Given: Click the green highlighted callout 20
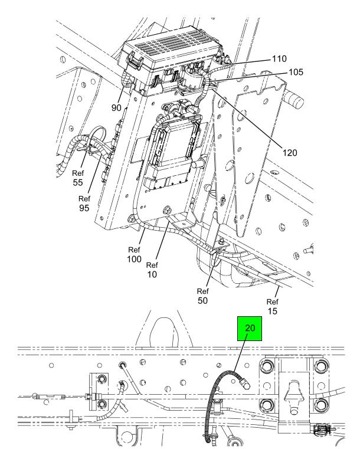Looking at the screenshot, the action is [x=250, y=329].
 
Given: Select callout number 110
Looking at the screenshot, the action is [x=279, y=58].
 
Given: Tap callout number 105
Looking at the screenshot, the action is [x=296, y=72].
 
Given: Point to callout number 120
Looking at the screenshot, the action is [x=290, y=153].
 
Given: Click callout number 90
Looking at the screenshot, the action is [x=116, y=108].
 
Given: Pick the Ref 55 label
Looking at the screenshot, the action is [x=78, y=178].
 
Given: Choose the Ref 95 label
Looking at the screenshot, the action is [x=84, y=204].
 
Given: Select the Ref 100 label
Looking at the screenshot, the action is [x=134, y=254].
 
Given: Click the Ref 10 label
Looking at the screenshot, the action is [x=152, y=270].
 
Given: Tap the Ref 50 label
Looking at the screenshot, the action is [x=203, y=296].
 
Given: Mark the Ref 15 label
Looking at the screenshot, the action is [x=273, y=306].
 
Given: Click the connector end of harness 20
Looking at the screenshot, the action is [x=244, y=383].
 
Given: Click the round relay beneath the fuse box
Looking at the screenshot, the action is [x=191, y=77].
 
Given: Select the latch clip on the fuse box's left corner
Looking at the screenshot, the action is [x=135, y=61].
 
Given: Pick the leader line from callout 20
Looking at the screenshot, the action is [x=240, y=354].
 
